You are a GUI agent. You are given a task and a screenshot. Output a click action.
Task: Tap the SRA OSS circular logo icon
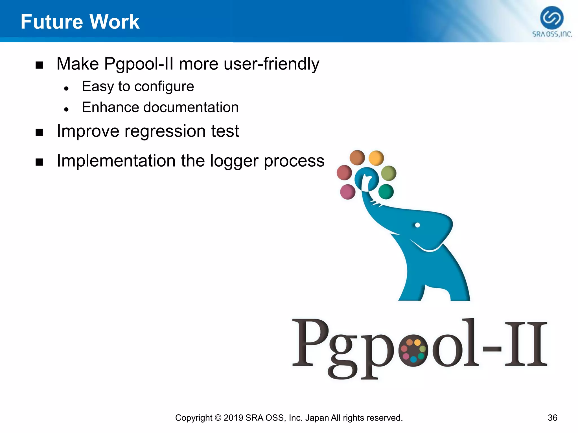tap(552, 18)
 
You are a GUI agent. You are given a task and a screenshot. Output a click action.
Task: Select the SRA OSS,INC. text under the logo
tap(552, 34)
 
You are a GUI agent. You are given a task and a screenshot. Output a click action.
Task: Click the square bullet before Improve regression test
tap(39, 132)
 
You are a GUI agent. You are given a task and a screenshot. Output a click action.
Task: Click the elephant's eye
tap(417, 225)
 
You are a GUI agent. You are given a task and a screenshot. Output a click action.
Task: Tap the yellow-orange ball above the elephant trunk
tap(376, 158)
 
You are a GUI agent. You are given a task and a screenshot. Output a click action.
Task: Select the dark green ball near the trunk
tap(386, 192)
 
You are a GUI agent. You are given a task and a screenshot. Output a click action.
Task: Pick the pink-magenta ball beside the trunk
tap(348, 192)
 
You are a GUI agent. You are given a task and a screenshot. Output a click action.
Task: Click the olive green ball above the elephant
tap(389, 173)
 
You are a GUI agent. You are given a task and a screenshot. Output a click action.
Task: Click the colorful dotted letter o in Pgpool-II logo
tap(413, 350)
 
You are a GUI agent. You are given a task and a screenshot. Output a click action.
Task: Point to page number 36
tap(552, 418)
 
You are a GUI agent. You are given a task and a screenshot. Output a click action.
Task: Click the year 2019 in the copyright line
tap(233, 418)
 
